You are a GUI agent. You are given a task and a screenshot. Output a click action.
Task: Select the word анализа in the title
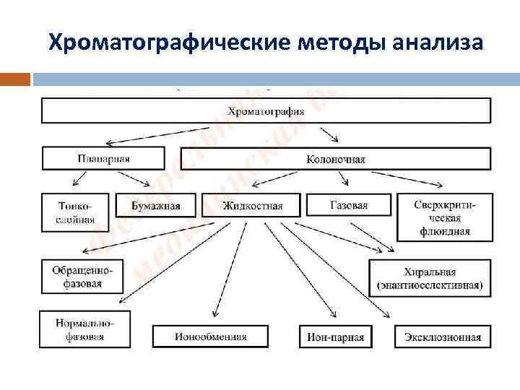point(438,43)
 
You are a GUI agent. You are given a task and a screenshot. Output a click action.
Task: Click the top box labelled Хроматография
point(266,110)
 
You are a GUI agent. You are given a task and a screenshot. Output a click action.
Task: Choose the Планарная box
point(103,158)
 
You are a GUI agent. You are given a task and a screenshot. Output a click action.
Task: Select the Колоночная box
point(335,158)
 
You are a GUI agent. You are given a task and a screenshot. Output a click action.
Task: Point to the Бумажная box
point(155,205)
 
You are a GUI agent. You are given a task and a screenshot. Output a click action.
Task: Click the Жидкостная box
point(252,205)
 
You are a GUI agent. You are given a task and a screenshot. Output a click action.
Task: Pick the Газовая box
point(348,204)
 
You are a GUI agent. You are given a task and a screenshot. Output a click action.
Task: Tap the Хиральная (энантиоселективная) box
point(430,277)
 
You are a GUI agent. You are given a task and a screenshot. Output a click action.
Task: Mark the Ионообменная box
point(210,336)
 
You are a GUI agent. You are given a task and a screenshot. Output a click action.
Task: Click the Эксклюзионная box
point(442,336)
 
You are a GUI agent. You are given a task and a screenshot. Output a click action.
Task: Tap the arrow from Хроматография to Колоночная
point(331,134)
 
